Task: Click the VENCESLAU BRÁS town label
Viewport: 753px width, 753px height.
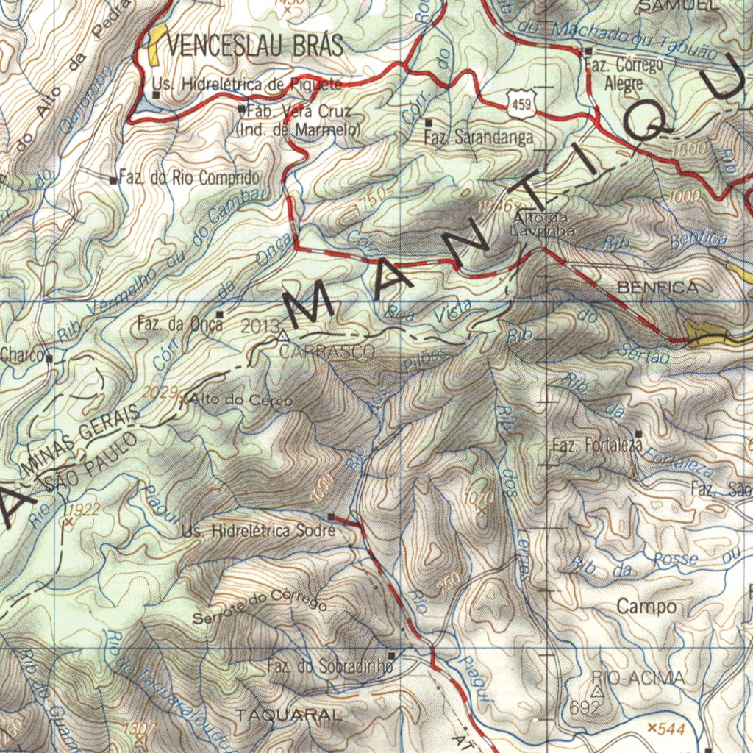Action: click(x=254, y=46)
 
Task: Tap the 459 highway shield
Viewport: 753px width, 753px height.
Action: click(x=521, y=104)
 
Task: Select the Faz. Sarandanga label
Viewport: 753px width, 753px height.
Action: click(x=479, y=138)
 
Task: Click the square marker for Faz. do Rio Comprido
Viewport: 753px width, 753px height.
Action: click(x=113, y=179)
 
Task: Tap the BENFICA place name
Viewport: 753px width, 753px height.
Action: click(x=657, y=288)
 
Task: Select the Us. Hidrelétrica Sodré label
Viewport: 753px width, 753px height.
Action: click(x=258, y=531)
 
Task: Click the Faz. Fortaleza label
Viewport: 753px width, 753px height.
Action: click(x=597, y=445)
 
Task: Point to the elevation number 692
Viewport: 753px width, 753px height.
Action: click(x=585, y=708)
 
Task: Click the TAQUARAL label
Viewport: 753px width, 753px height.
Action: click(x=288, y=715)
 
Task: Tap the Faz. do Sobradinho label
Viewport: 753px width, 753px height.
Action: click(x=330, y=667)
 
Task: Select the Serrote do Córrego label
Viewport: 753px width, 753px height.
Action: click(x=260, y=607)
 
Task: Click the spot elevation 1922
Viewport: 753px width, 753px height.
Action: click(x=82, y=510)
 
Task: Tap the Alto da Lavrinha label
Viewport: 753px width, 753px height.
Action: click(x=543, y=224)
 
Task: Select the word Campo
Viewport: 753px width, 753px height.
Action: click(x=646, y=607)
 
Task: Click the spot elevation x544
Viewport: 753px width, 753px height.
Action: click(x=666, y=728)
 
